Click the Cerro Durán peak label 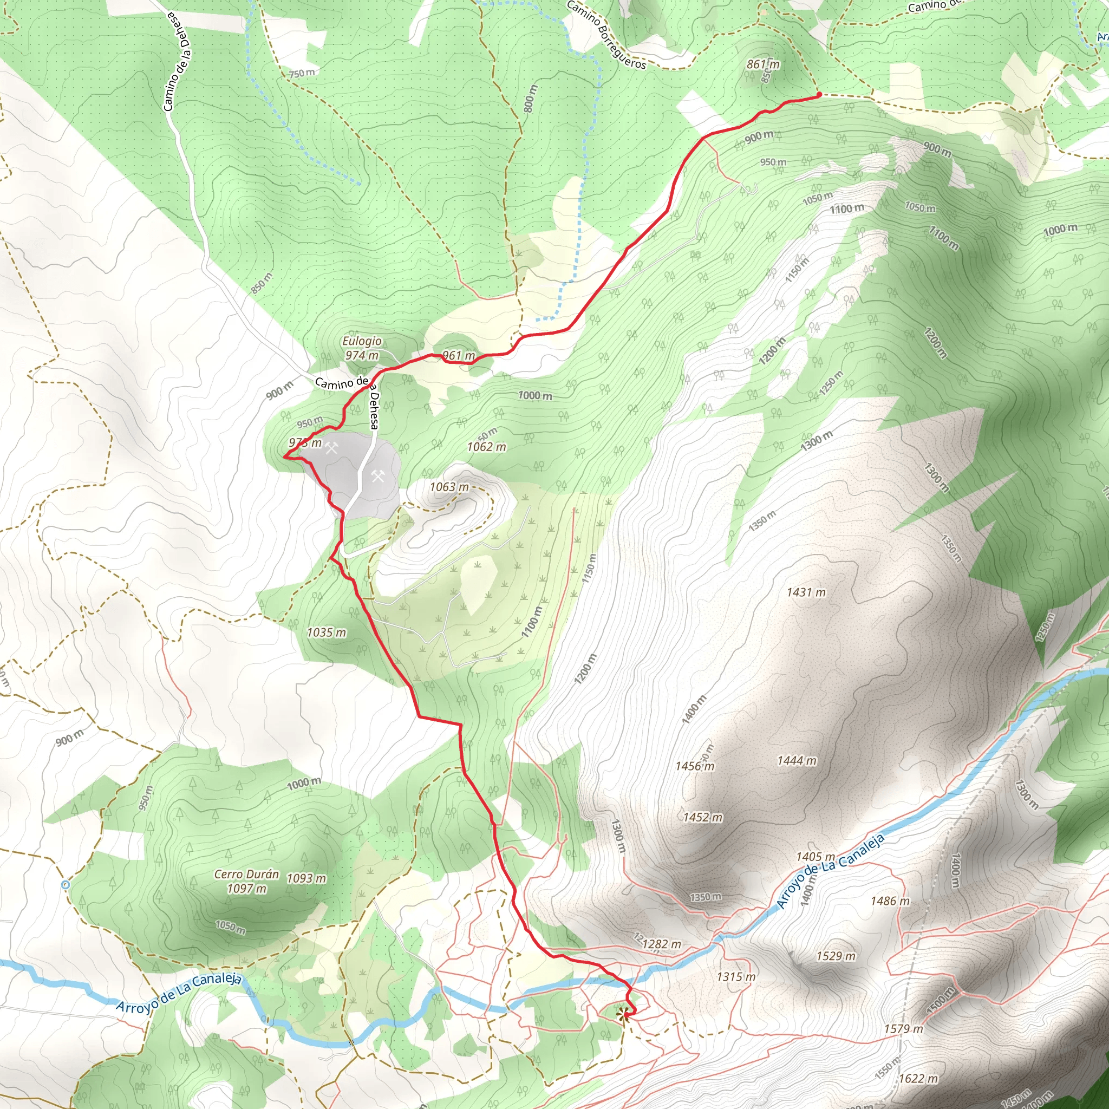click(246, 874)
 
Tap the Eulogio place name click(362, 341)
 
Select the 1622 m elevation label click(918, 1079)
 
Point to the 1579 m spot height click(904, 1029)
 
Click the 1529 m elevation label click(836, 956)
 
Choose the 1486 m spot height click(890, 901)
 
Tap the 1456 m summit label click(695, 766)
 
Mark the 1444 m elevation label click(796, 761)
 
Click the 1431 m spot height click(806, 592)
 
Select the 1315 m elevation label click(736, 976)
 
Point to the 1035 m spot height click(326, 632)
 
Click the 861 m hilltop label click(763, 64)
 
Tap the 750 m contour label click(302, 73)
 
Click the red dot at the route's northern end click(819, 94)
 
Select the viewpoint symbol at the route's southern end click(622, 1015)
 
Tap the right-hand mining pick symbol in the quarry click(377, 476)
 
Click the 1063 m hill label click(449, 487)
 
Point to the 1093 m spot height click(306, 878)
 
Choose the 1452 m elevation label click(702, 817)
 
